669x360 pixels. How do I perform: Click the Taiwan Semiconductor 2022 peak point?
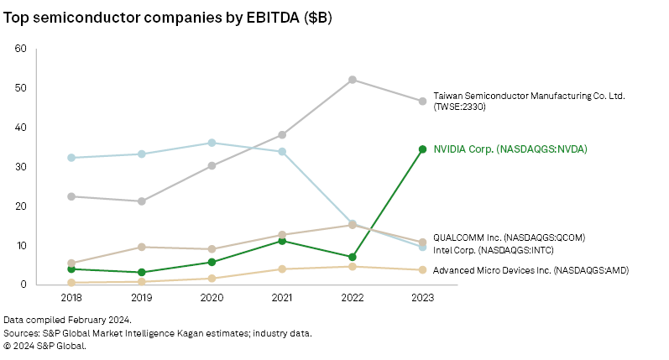tap(353, 80)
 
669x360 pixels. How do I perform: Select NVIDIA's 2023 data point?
tap(422, 149)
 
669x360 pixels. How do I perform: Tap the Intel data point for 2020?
tap(212, 143)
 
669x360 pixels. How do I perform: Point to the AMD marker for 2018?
tap(71, 283)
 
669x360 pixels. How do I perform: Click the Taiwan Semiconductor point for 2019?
tap(142, 201)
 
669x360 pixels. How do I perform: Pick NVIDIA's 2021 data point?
tap(282, 241)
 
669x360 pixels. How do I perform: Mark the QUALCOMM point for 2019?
tap(142, 247)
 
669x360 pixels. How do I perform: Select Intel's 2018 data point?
tap(71, 158)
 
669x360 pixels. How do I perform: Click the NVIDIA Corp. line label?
tap(510, 149)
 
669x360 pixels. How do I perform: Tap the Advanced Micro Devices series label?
tap(530, 270)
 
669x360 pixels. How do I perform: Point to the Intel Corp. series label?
tap(493, 250)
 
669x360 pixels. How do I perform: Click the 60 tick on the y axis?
tap(21, 49)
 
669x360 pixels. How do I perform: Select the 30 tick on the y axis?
tap(21, 167)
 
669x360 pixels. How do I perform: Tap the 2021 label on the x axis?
tap(282, 299)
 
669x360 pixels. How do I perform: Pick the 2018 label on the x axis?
tap(71, 299)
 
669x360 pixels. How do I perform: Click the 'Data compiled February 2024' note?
tap(67, 321)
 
